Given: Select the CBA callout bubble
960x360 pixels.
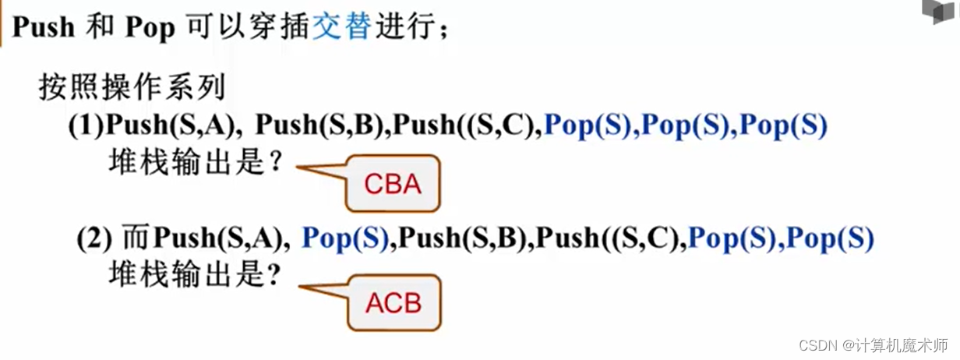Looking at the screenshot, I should tap(393, 185).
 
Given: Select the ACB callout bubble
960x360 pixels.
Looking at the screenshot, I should tap(393, 302).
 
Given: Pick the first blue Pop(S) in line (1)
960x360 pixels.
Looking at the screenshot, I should tap(588, 125).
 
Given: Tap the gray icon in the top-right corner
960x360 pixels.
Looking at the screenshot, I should tap(939, 12).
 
